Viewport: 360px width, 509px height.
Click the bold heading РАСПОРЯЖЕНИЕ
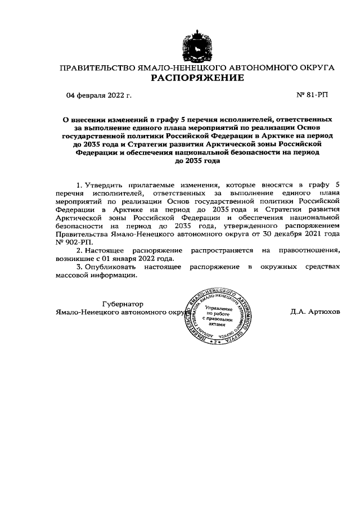click(x=197, y=78)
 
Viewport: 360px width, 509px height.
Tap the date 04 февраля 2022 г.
click(x=99, y=96)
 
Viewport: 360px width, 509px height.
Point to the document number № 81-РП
click(x=312, y=96)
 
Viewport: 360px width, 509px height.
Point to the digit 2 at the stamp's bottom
click(x=216, y=342)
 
